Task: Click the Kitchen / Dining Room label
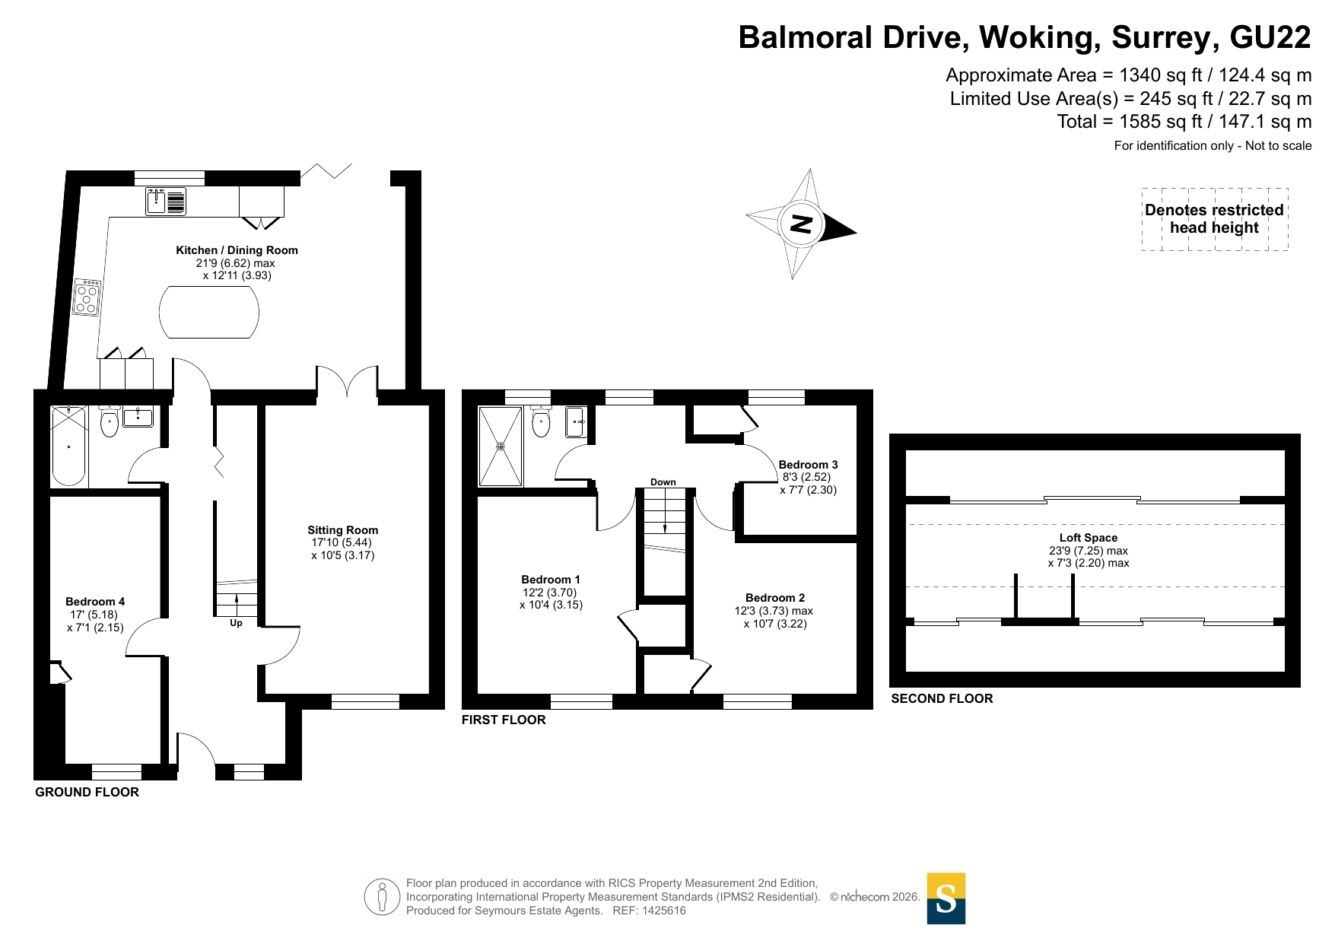click(237, 250)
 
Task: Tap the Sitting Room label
click(342, 530)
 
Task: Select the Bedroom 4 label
click(95, 602)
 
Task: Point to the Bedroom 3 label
click(808, 465)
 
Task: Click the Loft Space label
click(1089, 538)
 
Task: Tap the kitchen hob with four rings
click(87, 297)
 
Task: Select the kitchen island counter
click(209, 312)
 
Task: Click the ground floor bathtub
click(68, 447)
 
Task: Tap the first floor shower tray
click(501, 447)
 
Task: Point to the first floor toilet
click(541, 422)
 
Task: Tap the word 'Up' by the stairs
click(237, 623)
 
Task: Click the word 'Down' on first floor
click(663, 482)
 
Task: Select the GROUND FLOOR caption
click(87, 792)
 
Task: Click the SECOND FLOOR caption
click(942, 698)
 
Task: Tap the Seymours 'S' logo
click(946, 898)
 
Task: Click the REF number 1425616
click(664, 911)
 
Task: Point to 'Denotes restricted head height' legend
click(1215, 219)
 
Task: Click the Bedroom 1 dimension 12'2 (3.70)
click(550, 593)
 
